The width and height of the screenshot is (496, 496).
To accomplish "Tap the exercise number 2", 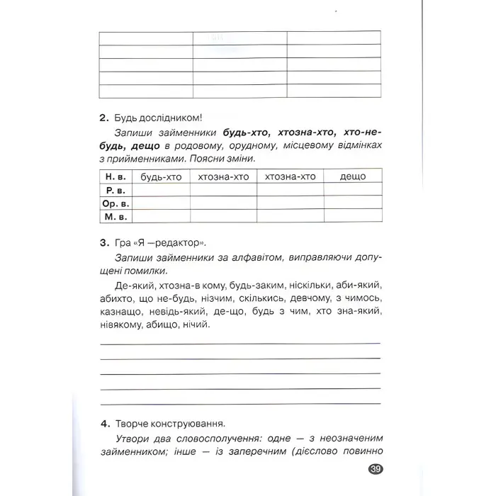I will tap(103, 117).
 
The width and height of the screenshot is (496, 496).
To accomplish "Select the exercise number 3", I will tap(103, 242).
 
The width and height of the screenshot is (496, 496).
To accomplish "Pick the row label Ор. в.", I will tap(116, 203).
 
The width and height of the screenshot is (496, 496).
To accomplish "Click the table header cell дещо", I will tap(352, 176).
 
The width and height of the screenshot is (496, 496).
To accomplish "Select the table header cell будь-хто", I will tap(162, 176).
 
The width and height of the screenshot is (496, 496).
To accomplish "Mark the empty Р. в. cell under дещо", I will tap(352, 189).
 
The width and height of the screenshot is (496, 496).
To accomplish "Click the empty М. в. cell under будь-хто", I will tap(162, 216).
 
